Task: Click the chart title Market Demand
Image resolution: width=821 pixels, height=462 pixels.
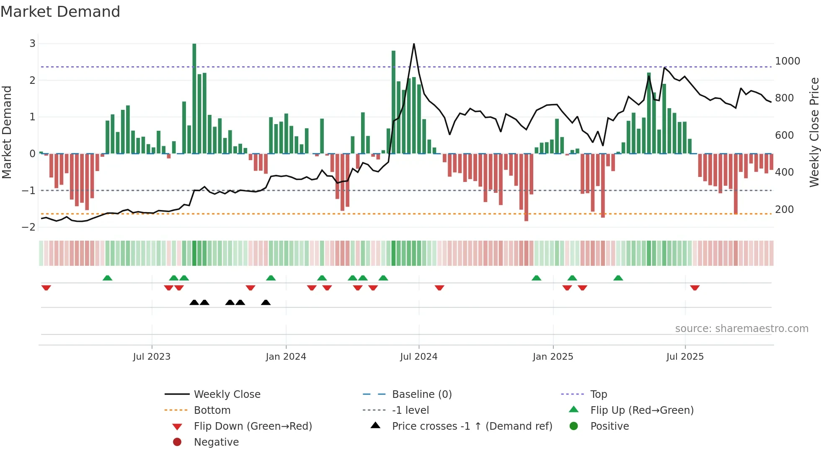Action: [60, 12]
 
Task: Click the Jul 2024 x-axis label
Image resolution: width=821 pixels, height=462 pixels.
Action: [418, 357]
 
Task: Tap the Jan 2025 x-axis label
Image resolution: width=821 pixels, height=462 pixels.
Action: [553, 357]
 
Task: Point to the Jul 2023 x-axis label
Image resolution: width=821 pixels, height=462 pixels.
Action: [152, 357]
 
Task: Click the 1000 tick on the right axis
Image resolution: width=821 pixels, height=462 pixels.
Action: [787, 61]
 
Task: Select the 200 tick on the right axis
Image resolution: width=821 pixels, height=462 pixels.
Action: [784, 210]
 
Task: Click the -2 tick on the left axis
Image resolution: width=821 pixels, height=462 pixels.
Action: [29, 227]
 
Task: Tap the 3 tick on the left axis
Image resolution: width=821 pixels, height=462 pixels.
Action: [32, 44]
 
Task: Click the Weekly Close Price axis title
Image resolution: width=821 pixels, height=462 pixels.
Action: [814, 132]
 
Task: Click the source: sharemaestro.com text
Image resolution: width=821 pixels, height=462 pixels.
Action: [741, 329]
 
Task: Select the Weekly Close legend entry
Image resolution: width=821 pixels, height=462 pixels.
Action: [227, 395]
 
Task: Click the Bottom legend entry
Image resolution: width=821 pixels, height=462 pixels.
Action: [212, 410]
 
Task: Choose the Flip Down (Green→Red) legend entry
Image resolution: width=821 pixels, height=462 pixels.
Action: [253, 426]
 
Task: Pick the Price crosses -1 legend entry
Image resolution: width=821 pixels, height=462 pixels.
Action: [472, 426]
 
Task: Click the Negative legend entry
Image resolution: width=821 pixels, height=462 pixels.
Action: [216, 442]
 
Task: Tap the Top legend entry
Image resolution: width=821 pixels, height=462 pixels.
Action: [599, 395]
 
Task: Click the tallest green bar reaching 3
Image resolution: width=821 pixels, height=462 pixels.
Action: [194, 99]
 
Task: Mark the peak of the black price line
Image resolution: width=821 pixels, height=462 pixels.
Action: [414, 44]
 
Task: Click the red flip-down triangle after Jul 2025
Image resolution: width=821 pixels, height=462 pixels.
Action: [695, 288]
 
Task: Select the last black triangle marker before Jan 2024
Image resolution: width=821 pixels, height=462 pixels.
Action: [266, 302]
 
